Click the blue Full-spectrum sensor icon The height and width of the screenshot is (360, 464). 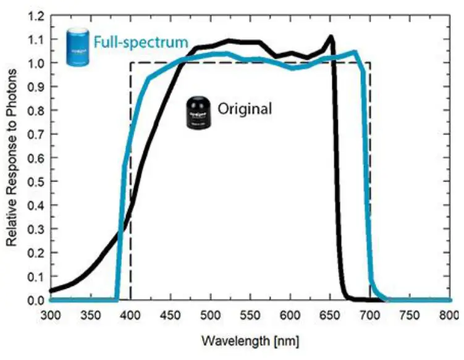click(x=78, y=46)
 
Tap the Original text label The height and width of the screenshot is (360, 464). click(x=244, y=109)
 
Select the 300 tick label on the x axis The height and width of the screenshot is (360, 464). click(x=50, y=315)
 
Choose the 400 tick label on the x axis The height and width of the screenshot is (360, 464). click(x=130, y=315)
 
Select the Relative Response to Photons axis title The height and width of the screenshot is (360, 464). click(x=12, y=158)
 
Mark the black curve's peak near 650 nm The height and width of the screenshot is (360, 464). click(x=331, y=37)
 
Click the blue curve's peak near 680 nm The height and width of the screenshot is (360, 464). click(x=355, y=52)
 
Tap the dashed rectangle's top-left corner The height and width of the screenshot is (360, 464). click(x=130, y=62)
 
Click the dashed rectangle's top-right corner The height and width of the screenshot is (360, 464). click(x=370, y=62)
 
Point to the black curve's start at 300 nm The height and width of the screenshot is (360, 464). click(x=51, y=290)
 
